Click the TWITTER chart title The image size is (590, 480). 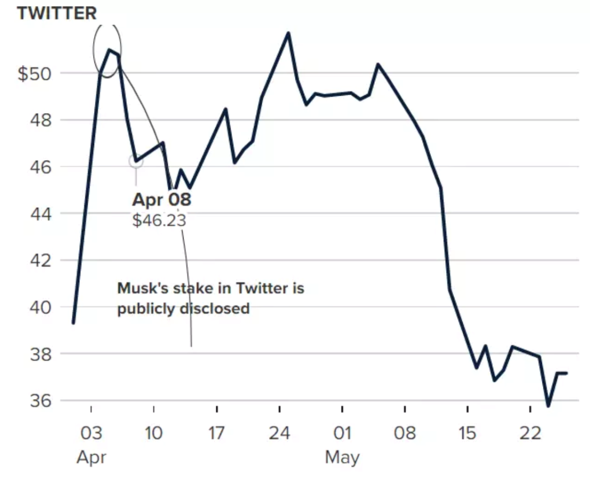click(57, 13)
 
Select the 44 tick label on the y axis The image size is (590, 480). click(42, 214)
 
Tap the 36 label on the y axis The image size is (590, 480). click(42, 401)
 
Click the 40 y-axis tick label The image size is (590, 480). click(42, 307)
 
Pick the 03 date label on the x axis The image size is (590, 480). click(91, 434)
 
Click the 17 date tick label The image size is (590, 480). click(217, 434)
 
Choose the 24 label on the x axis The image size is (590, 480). click(279, 434)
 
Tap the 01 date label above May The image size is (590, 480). click(342, 434)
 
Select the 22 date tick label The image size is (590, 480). click(530, 434)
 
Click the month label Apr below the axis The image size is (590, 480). click(91, 456)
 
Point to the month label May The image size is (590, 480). click(342, 456)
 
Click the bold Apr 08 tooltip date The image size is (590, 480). click(162, 200)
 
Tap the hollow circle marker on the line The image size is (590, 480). click(135, 161)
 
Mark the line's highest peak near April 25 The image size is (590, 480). click(288, 33)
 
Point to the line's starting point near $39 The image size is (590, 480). click(73, 323)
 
